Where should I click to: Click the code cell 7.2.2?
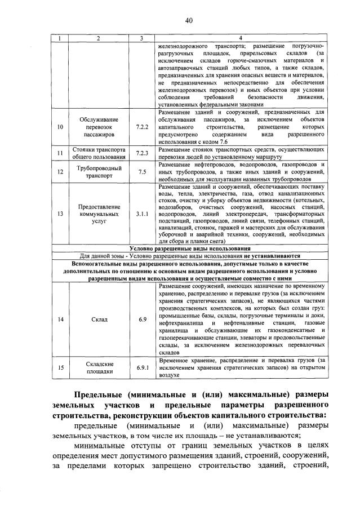[x=141, y=127]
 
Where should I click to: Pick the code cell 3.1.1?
[x=141, y=214]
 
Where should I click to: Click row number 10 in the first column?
[x=60, y=127]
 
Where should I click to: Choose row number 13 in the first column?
[x=60, y=214]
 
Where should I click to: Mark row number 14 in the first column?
[x=60, y=320]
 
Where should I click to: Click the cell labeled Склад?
[x=99, y=320]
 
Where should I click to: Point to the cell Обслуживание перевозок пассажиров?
[x=99, y=127]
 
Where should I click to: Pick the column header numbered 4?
[x=241, y=38]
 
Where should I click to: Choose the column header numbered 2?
[x=99, y=38]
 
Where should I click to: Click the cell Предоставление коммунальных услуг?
[x=99, y=214]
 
